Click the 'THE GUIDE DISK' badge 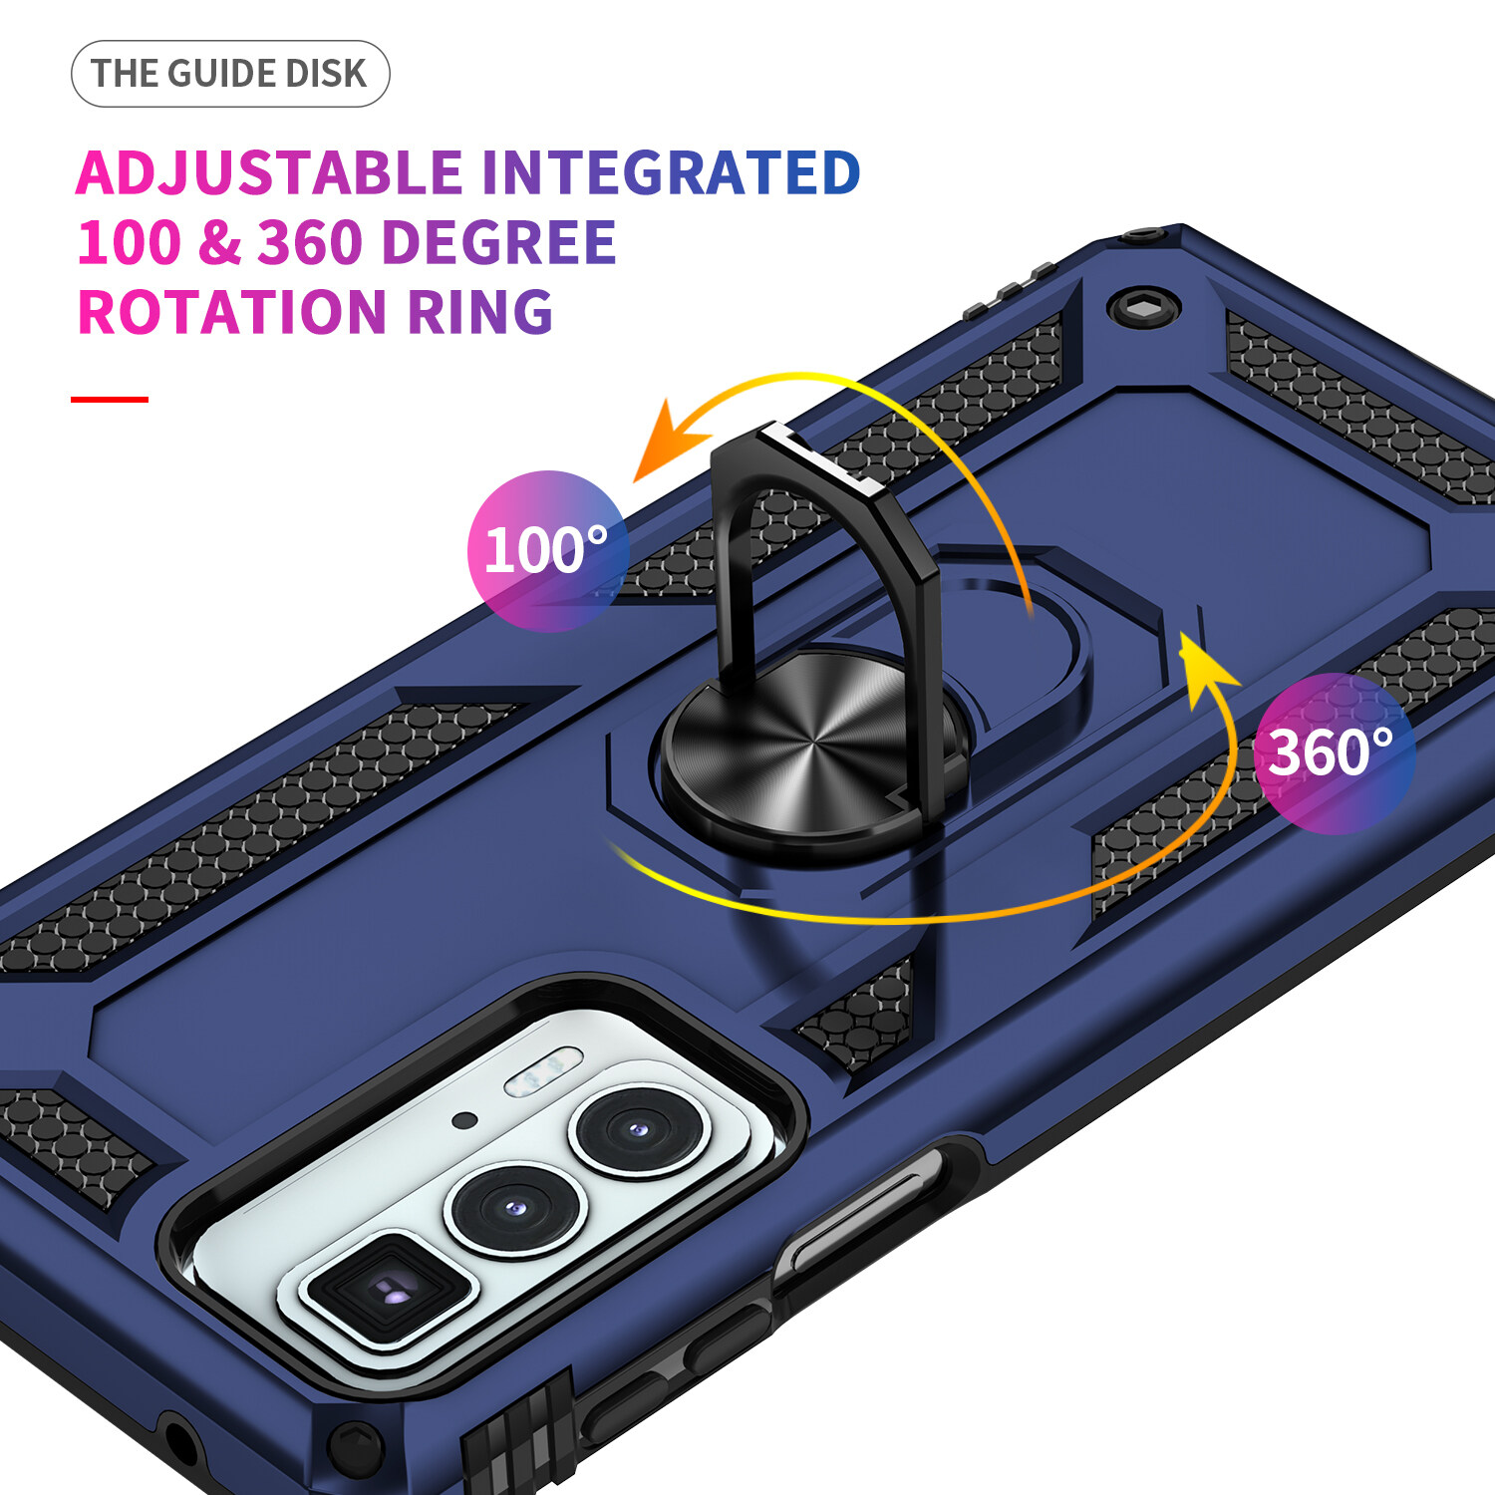(230, 74)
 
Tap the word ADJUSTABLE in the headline (269, 172)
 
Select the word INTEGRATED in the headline (671, 172)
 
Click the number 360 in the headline (309, 242)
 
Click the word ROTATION (231, 312)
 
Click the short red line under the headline (110, 400)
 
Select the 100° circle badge (547, 550)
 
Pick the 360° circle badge (1334, 753)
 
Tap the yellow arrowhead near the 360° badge (1204, 666)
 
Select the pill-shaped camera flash (543, 1071)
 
